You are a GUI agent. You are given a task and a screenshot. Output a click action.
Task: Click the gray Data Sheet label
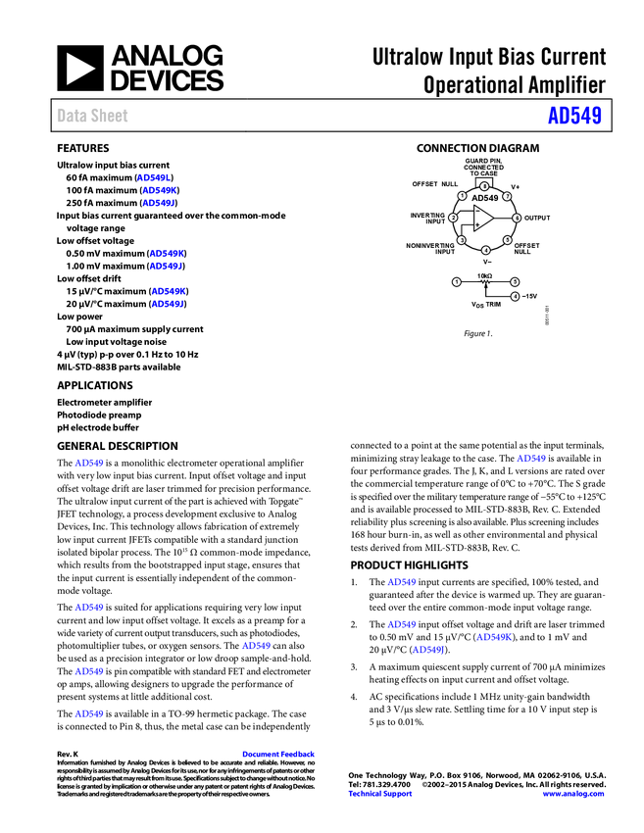click(93, 116)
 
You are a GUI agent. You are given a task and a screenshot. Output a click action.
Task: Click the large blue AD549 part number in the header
click(574, 117)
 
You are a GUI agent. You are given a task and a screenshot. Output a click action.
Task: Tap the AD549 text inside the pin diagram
click(485, 198)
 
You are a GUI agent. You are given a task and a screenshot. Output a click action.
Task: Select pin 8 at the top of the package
click(484, 185)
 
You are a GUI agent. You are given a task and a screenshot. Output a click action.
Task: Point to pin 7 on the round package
click(507, 196)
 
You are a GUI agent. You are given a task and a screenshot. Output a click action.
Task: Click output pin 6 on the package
click(517, 218)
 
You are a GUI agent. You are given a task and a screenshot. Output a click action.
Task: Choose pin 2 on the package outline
click(453, 218)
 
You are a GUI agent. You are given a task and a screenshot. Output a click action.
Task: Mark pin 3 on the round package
click(462, 239)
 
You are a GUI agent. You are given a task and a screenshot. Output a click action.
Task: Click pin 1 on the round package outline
click(462, 196)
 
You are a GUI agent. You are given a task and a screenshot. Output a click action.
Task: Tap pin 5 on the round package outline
click(508, 239)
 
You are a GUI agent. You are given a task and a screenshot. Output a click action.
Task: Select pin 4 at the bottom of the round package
click(485, 250)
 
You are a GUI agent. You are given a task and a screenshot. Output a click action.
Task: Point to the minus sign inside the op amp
click(477, 212)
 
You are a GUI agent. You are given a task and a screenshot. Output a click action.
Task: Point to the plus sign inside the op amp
click(477, 225)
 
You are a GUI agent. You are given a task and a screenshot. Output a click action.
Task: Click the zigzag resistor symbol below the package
click(485, 282)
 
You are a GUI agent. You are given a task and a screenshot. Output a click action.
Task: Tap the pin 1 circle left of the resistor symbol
click(457, 282)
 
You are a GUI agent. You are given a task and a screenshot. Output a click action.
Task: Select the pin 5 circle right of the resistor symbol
click(515, 282)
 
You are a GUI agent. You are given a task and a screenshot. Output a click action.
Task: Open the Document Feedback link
click(279, 755)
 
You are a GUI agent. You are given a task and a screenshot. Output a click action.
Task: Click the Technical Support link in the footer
click(380, 794)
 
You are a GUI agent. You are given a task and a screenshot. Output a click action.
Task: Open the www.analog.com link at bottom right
click(573, 794)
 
